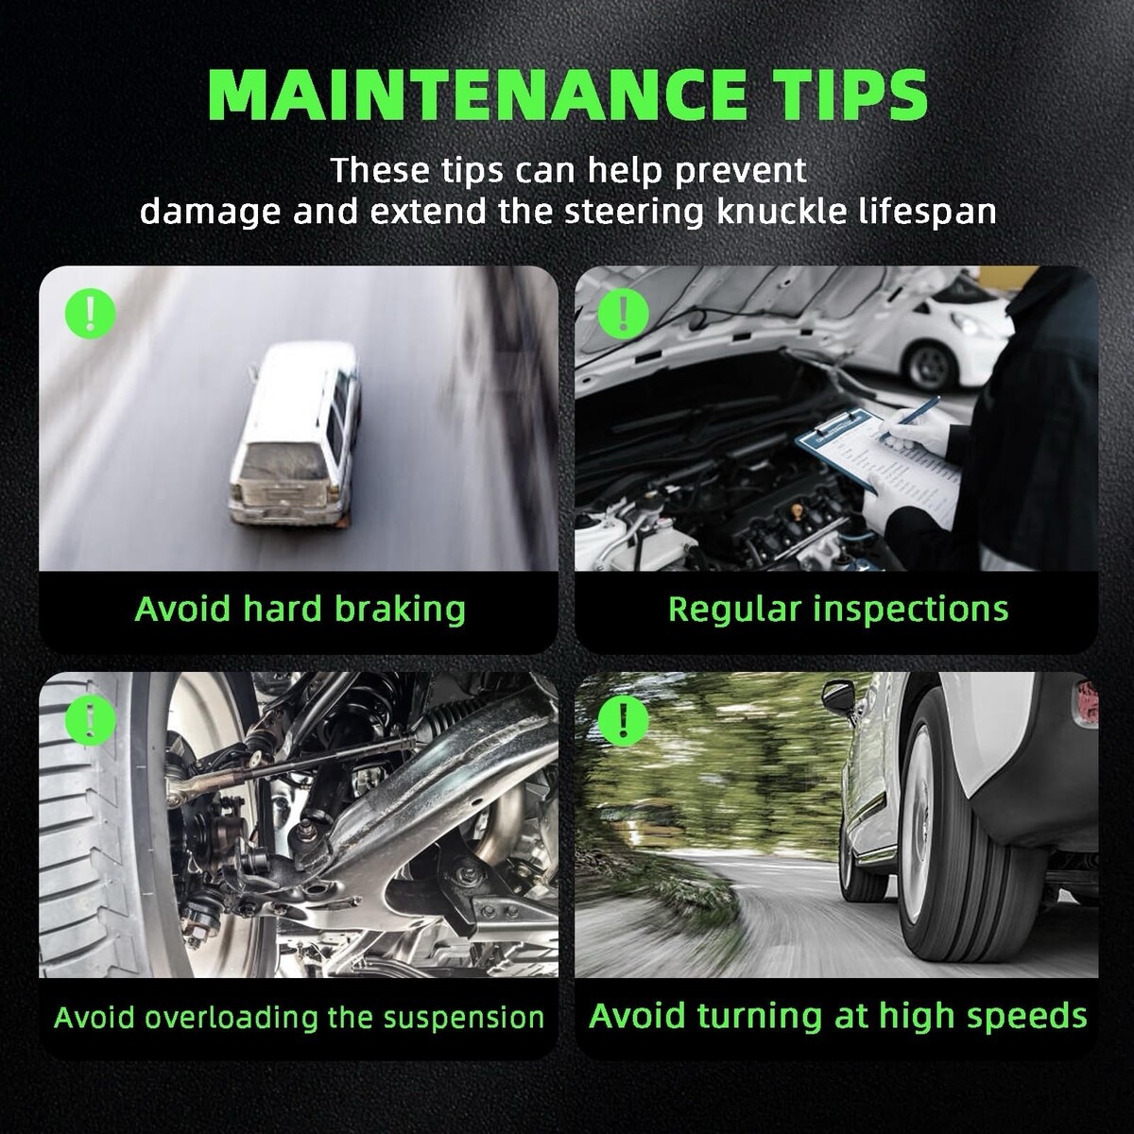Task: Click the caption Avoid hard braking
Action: point(301,610)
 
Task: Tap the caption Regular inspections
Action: point(838,610)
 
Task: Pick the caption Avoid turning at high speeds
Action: point(838,1016)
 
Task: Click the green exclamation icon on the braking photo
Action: point(90,314)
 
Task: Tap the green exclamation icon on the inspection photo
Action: point(623,314)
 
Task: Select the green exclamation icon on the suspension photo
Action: point(90,720)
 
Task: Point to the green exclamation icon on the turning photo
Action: point(623,720)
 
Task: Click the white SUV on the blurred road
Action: point(294,435)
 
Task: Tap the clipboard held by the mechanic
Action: point(877,465)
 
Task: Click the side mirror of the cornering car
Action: point(837,696)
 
